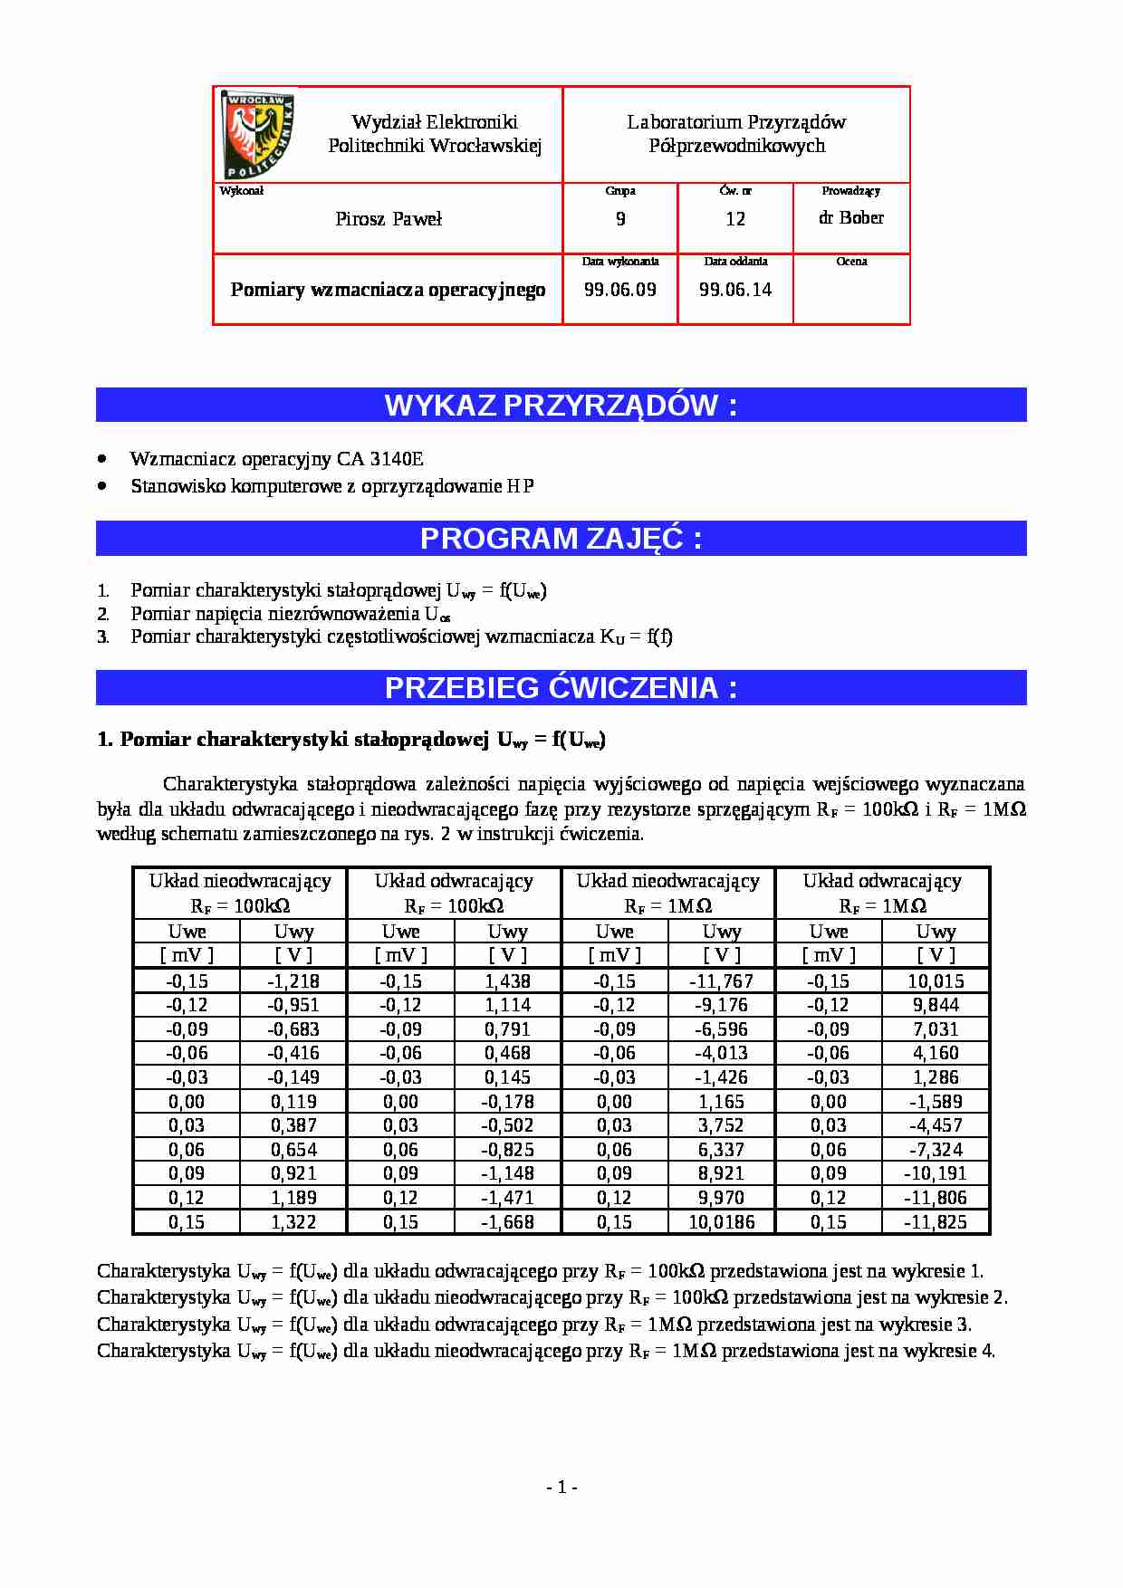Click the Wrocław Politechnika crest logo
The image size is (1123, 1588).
pyautogui.click(x=258, y=135)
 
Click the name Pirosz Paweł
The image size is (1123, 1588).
pyautogui.click(x=389, y=219)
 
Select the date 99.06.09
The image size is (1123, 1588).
pyautogui.click(x=620, y=290)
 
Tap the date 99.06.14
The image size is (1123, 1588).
pyautogui.click(x=735, y=290)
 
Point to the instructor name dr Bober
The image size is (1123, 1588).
pyautogui.click(x=851, y=217)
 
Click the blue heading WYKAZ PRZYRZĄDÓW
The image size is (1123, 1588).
pyautogui.click(x=561, y=405)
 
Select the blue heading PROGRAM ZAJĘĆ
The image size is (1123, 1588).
pyautogui.click(x=561, y=539)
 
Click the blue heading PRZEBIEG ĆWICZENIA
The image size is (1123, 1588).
pyautogui.click(x=561, y=688)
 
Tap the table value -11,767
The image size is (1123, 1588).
pyautogui.click(x=722, y=981)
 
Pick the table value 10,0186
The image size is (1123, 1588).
pyautogui.click(x=722, y=1221)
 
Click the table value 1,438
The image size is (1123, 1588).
pyautogui.click(x=507, y=981)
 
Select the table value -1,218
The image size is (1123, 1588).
pyautogui.click(x=293, y=981)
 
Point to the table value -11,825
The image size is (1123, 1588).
pyautogui.click(x=936, y=1221)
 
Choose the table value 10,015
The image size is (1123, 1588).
pyautogui.click(x=936, y=981)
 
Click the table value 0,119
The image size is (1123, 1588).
pyautogui.click(x=293, y=1101)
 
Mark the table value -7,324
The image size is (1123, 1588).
pyautogui.click(x=936, y=1149)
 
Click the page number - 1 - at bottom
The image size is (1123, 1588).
pyautogui.click(x=561, y=1487)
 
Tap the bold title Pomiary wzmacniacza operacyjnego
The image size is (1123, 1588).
pyautogui.click(x=388, y=290)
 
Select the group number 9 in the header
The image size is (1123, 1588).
pyautogui.click(x=620, y=219)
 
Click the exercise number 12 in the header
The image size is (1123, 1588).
pyautogui.click(x=735, y=219)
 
